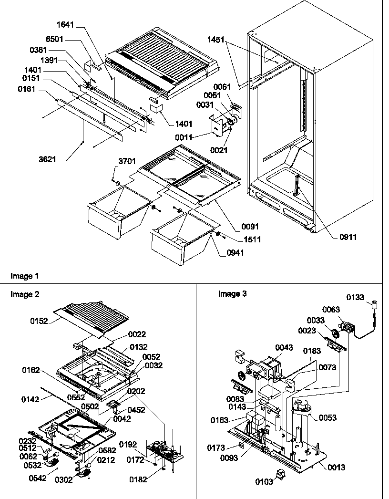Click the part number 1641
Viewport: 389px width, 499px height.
tap(65, 25)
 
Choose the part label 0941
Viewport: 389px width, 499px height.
tap(234, 253)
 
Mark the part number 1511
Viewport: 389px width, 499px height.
tap(251, 239)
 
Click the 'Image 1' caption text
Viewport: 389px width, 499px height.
tap(25, 276)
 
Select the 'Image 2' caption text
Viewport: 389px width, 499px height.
tap(25, 294)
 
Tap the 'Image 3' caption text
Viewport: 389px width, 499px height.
tap(232, 294)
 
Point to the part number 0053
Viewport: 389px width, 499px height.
tap(327, 417)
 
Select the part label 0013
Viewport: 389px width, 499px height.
tap(337, 468)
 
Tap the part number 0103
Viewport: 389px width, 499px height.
tap(264, 482)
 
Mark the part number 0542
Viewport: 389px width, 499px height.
tap(37, 478)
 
